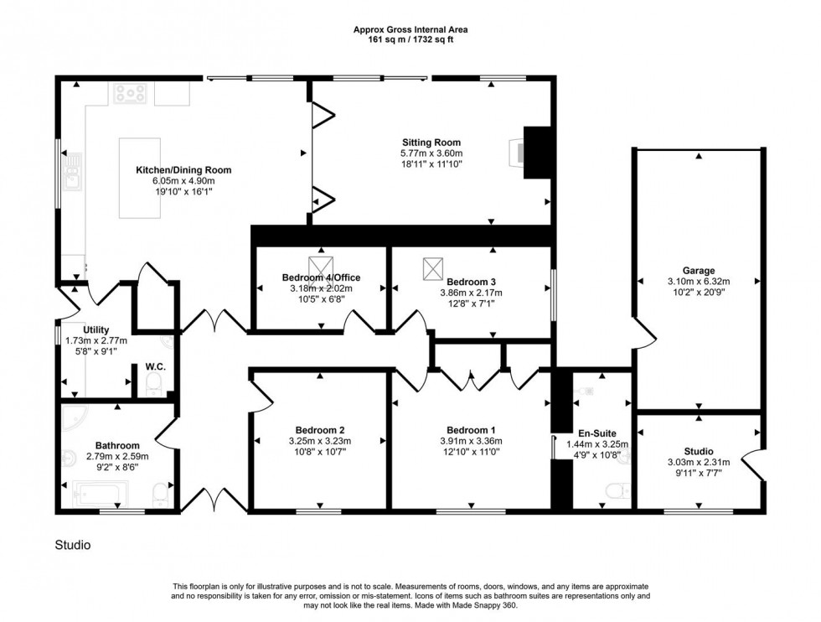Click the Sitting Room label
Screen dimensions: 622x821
pyautogui.click(x=431, y=143)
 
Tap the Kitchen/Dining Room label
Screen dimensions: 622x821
pyautogui.click(x=183, y=170)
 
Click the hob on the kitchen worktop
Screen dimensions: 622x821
pyautogui.click(x=131, y=93)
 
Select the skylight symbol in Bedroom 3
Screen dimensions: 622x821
pyautogui.click(x=432, y=269)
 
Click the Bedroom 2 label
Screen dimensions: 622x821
pyautogui.click(x=319, y=429)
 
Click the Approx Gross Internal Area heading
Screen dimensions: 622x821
pyautogui.click(x=410, y=30)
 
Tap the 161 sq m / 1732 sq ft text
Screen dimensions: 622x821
pyautogui.click(x=410, y=39)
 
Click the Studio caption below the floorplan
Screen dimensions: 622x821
pyautogui.click(x=73, y=545)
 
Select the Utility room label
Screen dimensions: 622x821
pyautogui.click(x=96, y=330)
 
